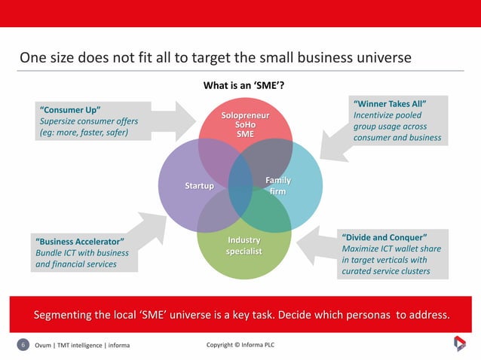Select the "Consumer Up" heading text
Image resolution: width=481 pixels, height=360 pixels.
pos(70,110)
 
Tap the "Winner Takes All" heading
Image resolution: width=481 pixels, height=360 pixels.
pos(390,103)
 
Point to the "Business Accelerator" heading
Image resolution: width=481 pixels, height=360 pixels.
pos(79,241)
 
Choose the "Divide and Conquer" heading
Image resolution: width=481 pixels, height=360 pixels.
pos(384,236)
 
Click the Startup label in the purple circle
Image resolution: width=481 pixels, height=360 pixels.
pos(200,186)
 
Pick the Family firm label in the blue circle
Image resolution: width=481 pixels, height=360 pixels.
pos(277,186)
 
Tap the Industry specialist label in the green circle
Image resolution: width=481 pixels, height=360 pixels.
pos(244,246)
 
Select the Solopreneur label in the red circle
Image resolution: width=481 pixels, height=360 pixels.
pos(245,116)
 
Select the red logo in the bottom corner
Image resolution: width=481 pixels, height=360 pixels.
pos(458,344)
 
